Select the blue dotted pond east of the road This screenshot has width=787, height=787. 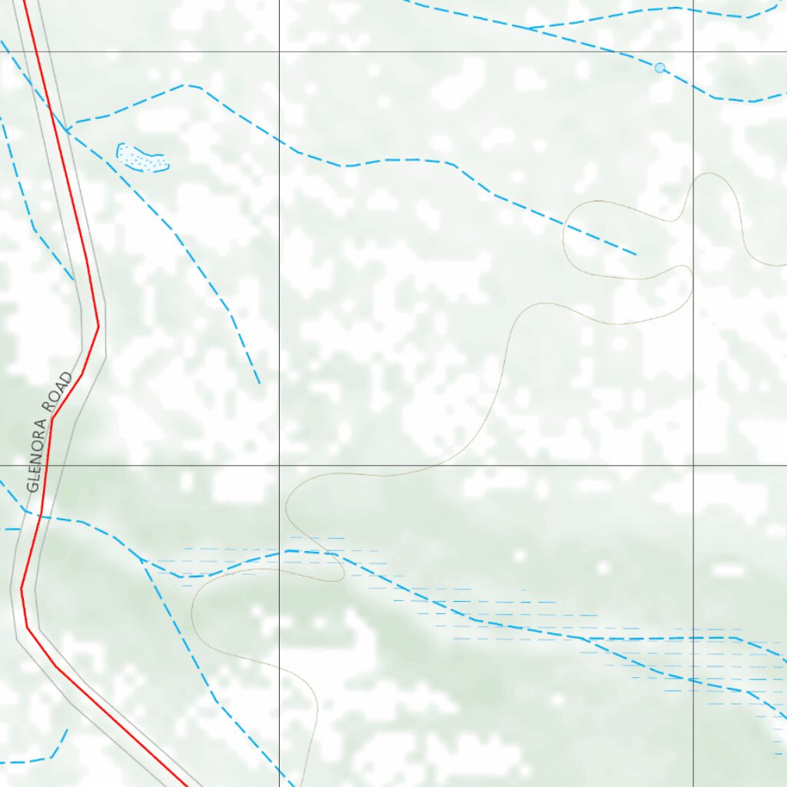point(142,158)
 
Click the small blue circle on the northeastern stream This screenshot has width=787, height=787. point(659,68)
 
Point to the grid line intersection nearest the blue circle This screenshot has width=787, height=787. point(693,51)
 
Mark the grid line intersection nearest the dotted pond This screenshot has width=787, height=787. point(279,51)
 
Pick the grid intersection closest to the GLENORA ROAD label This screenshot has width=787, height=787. point(279,465)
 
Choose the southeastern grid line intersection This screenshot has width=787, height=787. point(693,465)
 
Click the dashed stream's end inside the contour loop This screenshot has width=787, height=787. point(636,254)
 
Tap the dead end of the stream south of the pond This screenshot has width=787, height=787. point(259,382)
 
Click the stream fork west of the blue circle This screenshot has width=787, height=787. point(529,28)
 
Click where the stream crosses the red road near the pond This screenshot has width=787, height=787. point(50,108)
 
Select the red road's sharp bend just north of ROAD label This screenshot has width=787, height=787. point(98,327)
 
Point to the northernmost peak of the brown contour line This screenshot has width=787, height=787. point(707,173)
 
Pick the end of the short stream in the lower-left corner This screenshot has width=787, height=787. point(68,729)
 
